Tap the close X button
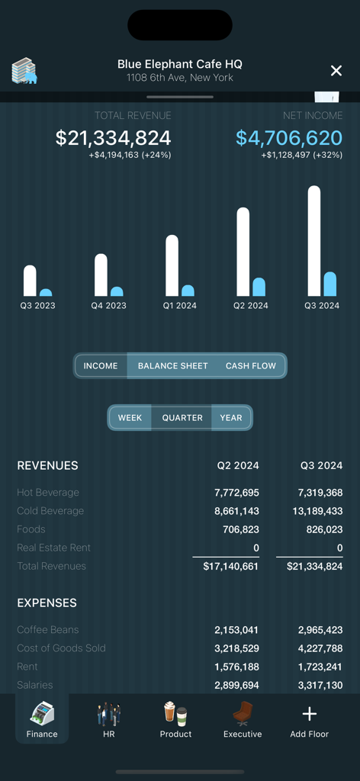pos(336,71)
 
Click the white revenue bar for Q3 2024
pos(313,240)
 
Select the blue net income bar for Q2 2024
pos(259,287)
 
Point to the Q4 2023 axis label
pos(108,306)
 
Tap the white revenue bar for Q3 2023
pos(30,281)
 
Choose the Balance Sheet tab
pos(172,366)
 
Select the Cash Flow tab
pos(250,366)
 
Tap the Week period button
pos(130,418)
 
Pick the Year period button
pos(231,418)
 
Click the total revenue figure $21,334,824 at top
pos(113,138)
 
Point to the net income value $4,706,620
pos(289,138)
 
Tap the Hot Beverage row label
pos(48,493)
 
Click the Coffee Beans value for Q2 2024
pos(236,630)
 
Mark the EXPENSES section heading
pos(47,603)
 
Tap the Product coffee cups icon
pos(175,713)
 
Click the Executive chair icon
pos(243,713)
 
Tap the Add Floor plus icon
pos(309,714)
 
